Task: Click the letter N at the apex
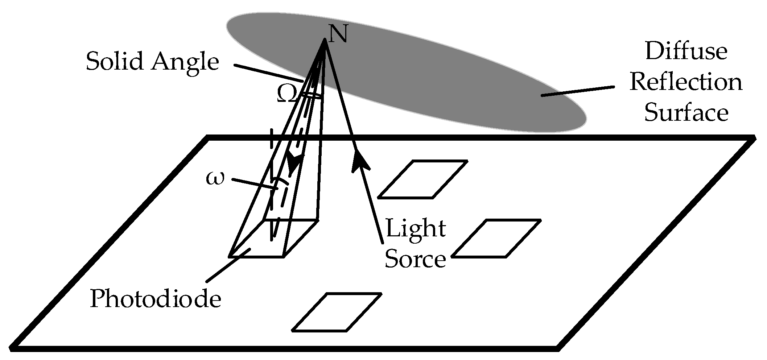tap(338, 33)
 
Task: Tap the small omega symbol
tap(215, 178)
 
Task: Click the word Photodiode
tap(155, 299)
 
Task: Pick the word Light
tap(416, 228)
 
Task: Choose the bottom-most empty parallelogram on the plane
tap(337, 312)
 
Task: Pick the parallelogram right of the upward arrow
tap(422, 179)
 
